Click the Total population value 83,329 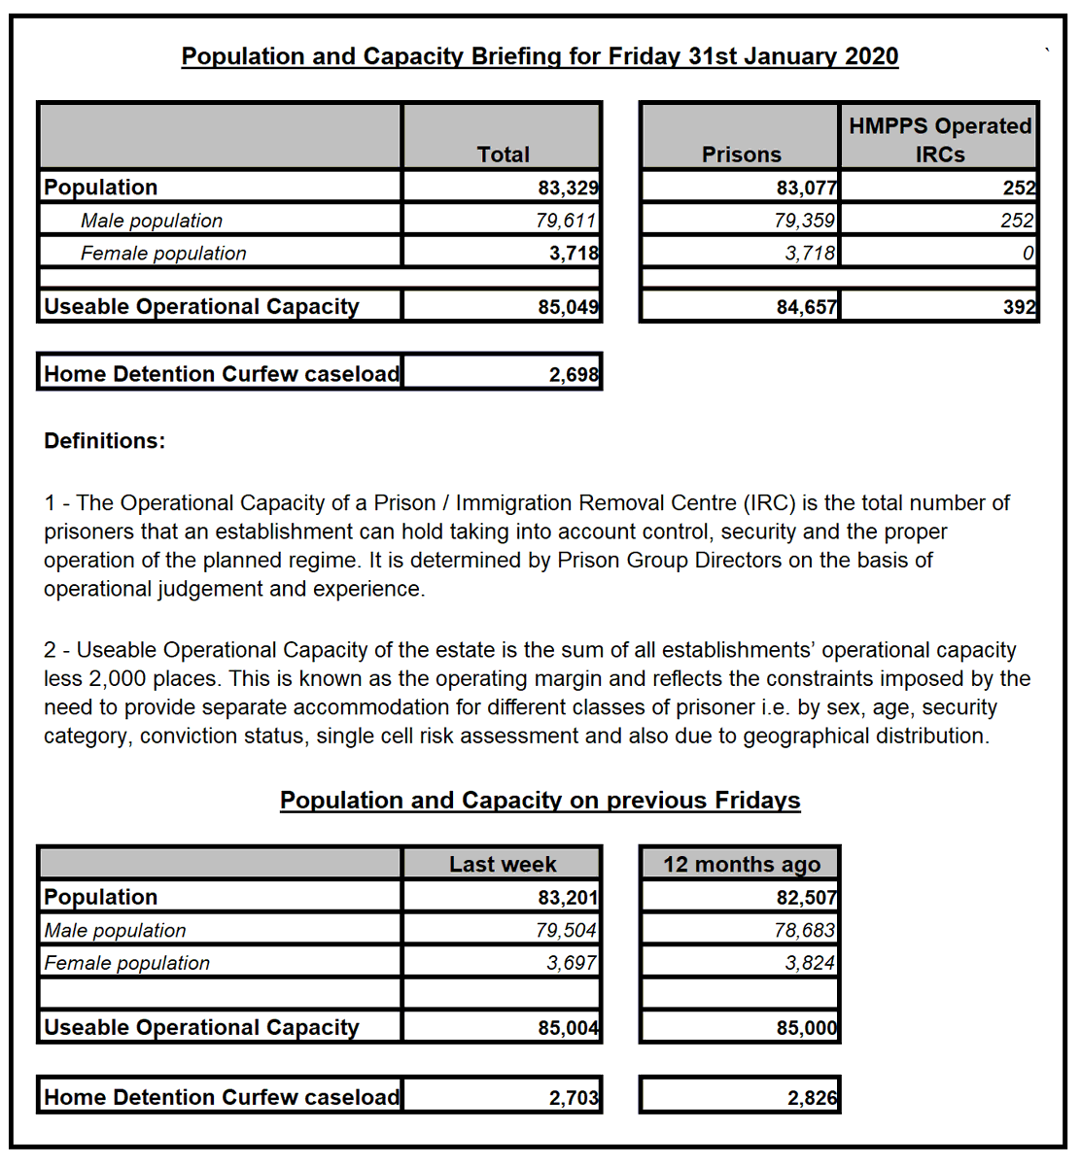pyautogui.click(x=568, y=188)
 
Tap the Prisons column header pyautogui.click(x=741, y=154)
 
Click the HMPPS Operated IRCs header pyautogui.click(x=939, y=140)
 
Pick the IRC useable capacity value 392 pyautogui.click(x=1019, y=307)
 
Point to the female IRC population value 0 pyautogui.click(x=1028, y=254)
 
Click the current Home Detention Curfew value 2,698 pyautogui.click(x=574, y=374)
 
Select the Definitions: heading pyautogui.click(x=104, y=441)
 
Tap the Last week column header pyautogui.click(x=502, y=864)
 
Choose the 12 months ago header pyautogui.click(x=741, y=864)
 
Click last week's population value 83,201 pyautogui.click(x=568, y=897)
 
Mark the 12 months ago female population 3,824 pyautogui.click(x=810, y=963)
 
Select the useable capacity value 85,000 pyautogui.click(x=807, y=1028)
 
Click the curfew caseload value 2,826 pyautogui.click(x=812, y=1098)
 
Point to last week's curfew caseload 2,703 pyautogui.click(x=574, y=1098)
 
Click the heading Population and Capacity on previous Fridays pyautogui.click(x=540, y=800)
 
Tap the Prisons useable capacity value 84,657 pyautogui.click(x=806, y=307)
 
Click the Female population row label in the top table pyautogui.click(x=163, y=254)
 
